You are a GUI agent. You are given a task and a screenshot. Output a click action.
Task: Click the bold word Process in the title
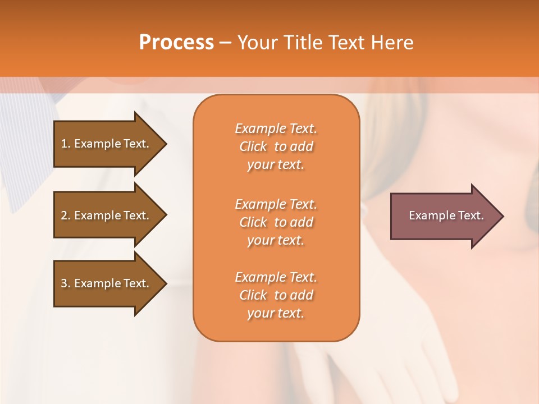click(x=176, y=43)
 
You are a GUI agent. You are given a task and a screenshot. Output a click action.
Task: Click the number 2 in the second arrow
click(x=64, y=215)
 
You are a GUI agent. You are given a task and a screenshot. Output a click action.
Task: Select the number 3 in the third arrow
click(x=64, y=283)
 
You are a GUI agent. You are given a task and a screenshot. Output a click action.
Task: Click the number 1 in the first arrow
click(x=64, y=144)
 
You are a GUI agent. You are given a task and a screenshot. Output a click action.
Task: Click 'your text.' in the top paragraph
click(x=276, y=165)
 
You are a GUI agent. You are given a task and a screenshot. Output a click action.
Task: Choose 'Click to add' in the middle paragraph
click(x=276, y=222)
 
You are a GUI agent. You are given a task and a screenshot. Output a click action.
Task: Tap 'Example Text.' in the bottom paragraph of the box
click(x=276, y=277)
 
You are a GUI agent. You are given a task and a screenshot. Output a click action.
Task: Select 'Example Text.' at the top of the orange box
click(x=276, y=128)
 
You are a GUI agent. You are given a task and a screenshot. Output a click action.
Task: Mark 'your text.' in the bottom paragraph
click(x=276, y=314)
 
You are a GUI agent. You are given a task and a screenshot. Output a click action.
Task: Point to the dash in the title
click(x=226, y=43)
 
